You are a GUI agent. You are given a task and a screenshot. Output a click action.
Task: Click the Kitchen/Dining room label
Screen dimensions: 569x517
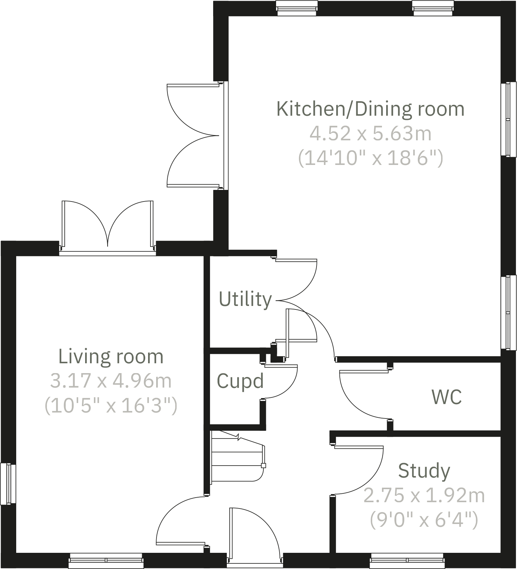pyautogui.click(x=370, y=109)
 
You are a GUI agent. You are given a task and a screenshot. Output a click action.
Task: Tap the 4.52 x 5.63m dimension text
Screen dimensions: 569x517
pyautogui.click(x=370, y=134)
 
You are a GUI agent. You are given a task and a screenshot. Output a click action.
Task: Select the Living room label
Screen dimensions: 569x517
pyautogui.click(x=111, y=356)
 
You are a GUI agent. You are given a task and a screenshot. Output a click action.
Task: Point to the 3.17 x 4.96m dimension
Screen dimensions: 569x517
pyautogui.click(x=111, y=381)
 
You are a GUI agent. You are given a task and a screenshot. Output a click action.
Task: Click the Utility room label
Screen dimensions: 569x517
pyautogui.click(x=245, y=299)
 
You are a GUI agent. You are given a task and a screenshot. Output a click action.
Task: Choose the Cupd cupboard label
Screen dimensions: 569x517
pyautogui.click(x=240, y=381)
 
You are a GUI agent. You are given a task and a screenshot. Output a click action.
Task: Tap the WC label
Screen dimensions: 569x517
pyautogui.click(x=446, y=397)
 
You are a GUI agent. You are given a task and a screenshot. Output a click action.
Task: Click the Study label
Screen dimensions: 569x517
pyautogui.click(x=424, y=471)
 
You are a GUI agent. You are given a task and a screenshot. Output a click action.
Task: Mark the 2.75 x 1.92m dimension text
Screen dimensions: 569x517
pyautogui.click(x=424, y=496)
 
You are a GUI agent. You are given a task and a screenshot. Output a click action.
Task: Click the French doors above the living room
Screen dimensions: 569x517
pyautogui.click(x=108, y=225)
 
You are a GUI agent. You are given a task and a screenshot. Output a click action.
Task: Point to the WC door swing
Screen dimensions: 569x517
pyautogui.click(x=362, y=394)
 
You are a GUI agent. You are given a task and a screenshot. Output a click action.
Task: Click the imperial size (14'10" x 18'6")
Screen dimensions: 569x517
pyautogui.click(x=370, y=158)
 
